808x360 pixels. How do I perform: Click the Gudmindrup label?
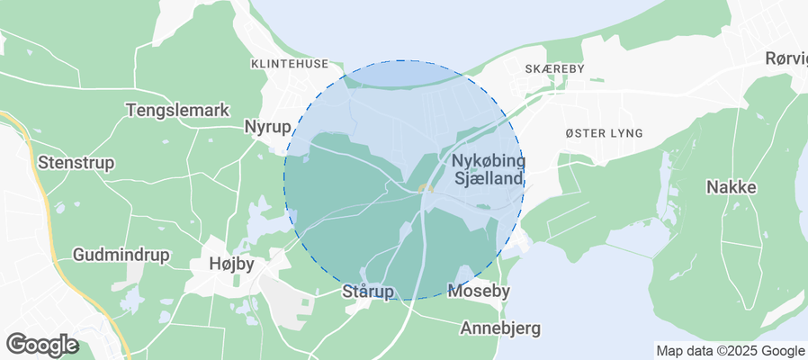click(x=121, y=255)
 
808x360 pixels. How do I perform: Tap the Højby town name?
click(x=231, y=265)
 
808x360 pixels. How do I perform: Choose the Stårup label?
click(x=368, y=292)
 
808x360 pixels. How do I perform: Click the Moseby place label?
click(x=479, y=292)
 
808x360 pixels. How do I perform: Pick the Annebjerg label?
click(x=500, y=328)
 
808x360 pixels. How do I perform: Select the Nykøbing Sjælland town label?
click(x=488, y=169)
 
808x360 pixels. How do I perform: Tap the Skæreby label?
click(x=554, y=68)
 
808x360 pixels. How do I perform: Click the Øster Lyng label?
click(x=604, y=133)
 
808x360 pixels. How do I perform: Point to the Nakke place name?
click(x=731, y=188)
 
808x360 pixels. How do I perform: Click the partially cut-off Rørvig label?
click(x=786, y=58)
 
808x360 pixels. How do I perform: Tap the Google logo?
click(x=41, y=344)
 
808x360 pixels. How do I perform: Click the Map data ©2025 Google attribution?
click(x=731, y=351)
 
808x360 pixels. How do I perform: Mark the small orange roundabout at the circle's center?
click(x=426, y=189)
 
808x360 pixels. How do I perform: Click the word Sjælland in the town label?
click(x=489, y=179)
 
